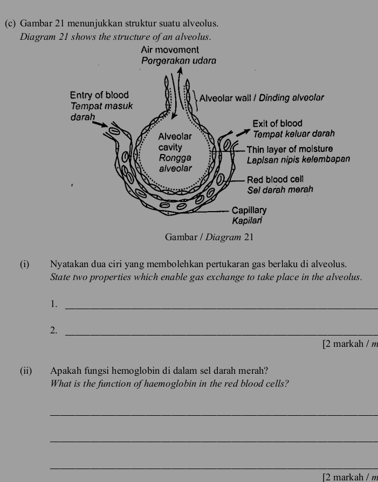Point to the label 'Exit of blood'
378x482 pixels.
(x=278, y=123)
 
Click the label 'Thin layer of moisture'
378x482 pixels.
(x=293, y=149)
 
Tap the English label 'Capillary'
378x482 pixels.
(x=249, y=209)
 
